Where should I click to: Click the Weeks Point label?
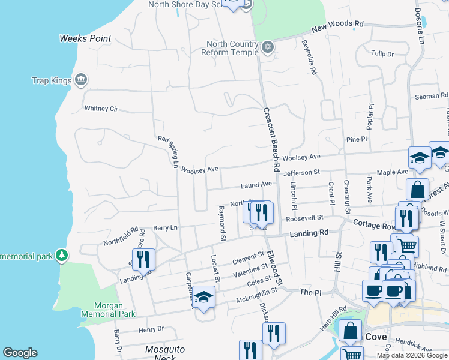tap(85, 38)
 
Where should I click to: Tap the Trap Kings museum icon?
tap(80, 80)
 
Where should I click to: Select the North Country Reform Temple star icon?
tap(268, 47)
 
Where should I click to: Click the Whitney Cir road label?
tap(101, 109)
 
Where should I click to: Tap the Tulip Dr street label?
tap(382, 54)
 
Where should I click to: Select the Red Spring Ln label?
tap(168, 151)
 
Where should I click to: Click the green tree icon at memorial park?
tap(61, 256)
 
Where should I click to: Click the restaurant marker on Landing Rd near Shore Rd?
tap(143, 259)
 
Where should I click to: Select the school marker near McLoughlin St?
tap(203, 297)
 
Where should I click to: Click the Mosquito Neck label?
tap(165, 353)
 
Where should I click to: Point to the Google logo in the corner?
tap(20, 353)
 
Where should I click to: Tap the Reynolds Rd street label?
tap(309, 57)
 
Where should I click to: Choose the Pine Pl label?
tap(356, 139)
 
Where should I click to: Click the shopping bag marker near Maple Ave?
tap(417, 189)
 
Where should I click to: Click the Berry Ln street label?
tap(165, 228)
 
